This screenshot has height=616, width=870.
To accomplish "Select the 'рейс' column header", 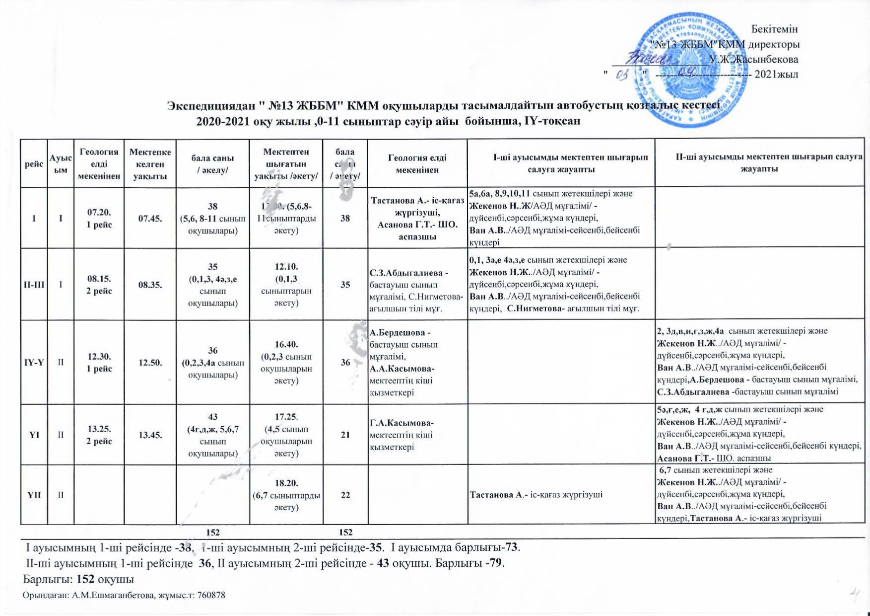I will pos(34,163).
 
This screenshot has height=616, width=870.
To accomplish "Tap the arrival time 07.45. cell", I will pos(150,218).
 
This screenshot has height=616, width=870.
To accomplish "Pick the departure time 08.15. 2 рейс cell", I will pos(99,285).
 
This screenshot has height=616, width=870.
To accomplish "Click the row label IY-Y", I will pos(34,362).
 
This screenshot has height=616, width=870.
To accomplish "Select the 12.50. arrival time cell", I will pos(150,362).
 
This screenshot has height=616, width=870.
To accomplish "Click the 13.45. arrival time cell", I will pos(150,435).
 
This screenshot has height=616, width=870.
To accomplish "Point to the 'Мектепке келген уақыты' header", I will pos(150,163).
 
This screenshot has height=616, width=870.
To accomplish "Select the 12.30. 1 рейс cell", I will pos(99,362).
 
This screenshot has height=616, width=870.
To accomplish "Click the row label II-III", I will pos(34,285).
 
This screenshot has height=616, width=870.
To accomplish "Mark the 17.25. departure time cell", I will pos(286,435).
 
